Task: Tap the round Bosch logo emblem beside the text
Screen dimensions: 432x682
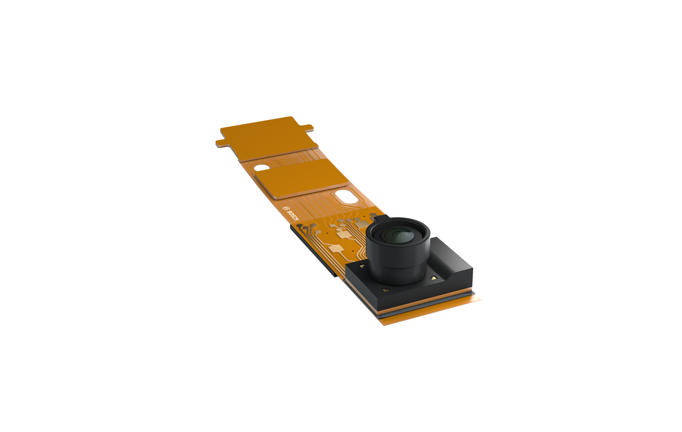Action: (285, 207)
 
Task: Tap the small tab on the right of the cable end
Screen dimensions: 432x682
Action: (308, 126)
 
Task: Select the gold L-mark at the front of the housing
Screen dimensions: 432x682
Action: (386, 290)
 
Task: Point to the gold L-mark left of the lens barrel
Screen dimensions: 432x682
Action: (361, 266)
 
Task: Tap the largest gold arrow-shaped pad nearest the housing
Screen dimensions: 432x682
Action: (337, 249)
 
